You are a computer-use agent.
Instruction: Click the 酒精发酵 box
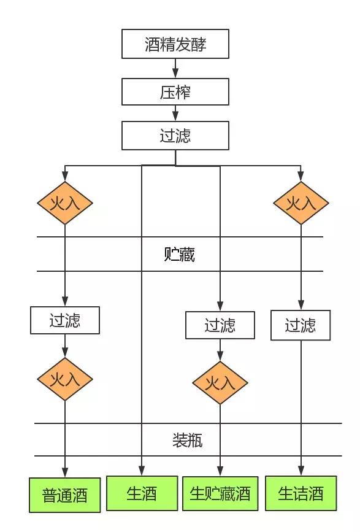[175, 44]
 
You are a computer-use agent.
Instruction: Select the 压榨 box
[175, 91]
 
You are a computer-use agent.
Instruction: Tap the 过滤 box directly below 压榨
[175, 136]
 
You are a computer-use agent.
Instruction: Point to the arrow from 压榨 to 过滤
[175, 113]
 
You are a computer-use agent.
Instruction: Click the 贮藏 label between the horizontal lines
[180, 254]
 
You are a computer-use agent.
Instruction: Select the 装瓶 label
[187, 440]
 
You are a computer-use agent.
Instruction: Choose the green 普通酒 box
[64, 495]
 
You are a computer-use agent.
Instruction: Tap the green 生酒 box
[142, 493]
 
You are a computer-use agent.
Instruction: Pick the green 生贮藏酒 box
[220, 493]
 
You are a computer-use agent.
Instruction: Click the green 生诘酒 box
[301, 493]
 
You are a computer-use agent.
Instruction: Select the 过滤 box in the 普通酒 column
[65, 320]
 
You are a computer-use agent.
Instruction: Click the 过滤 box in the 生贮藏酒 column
[220, 325]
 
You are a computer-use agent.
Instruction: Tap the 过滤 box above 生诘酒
[301, 325]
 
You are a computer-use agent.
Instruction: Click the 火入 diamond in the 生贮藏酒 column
[220, 384]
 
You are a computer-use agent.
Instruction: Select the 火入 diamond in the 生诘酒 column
[301, 203]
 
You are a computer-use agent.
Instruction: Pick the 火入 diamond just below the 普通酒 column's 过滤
[65, 379]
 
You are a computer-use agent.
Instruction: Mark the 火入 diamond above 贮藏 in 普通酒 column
[65, 203]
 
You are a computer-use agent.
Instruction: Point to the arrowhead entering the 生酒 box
[142, 471]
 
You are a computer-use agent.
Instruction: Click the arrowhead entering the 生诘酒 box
[301, 471]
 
